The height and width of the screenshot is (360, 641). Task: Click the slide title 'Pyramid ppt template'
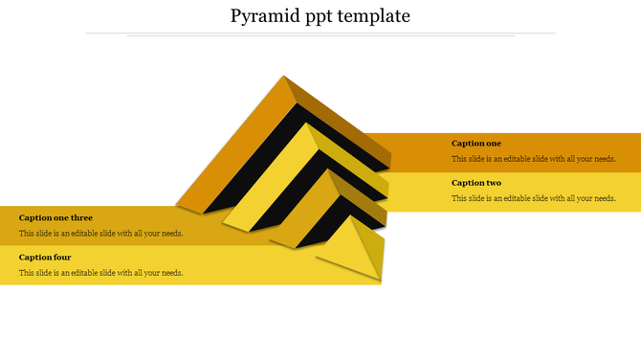pyautogui.click(x=320, y=16)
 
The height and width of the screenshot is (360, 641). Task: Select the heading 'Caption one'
pyautogui.click(x=475, y=144)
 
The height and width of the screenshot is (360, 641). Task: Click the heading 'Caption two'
pyautogui.click(x=475, y=183)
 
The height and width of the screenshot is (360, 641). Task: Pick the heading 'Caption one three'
pyautogui.click(x=55, y=217)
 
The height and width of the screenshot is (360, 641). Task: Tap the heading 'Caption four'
pyautogui.click(x=45, y=257)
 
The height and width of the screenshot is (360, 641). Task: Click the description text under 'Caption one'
pyautogui.click(x=533, y=159)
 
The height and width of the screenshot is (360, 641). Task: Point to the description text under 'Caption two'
pyautogui.click(x=533, y=198)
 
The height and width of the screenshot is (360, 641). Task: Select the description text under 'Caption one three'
pyautogui.click(x=100, y=233)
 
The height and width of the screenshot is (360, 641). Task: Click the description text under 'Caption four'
pyautogui.click(x=100, y=273)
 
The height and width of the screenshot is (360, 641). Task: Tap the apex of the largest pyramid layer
pyautogui.click(x=284, y=78)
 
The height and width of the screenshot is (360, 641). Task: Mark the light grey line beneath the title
pyautogui.click(x=320, y=34)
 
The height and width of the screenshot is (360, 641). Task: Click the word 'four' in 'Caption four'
pyautogui.click(x=62, y=257)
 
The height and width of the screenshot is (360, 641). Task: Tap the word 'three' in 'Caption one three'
pyautogui.click(x=82, y=217)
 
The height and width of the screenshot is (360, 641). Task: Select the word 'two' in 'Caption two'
pyautogui.click(x=492, y=183)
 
